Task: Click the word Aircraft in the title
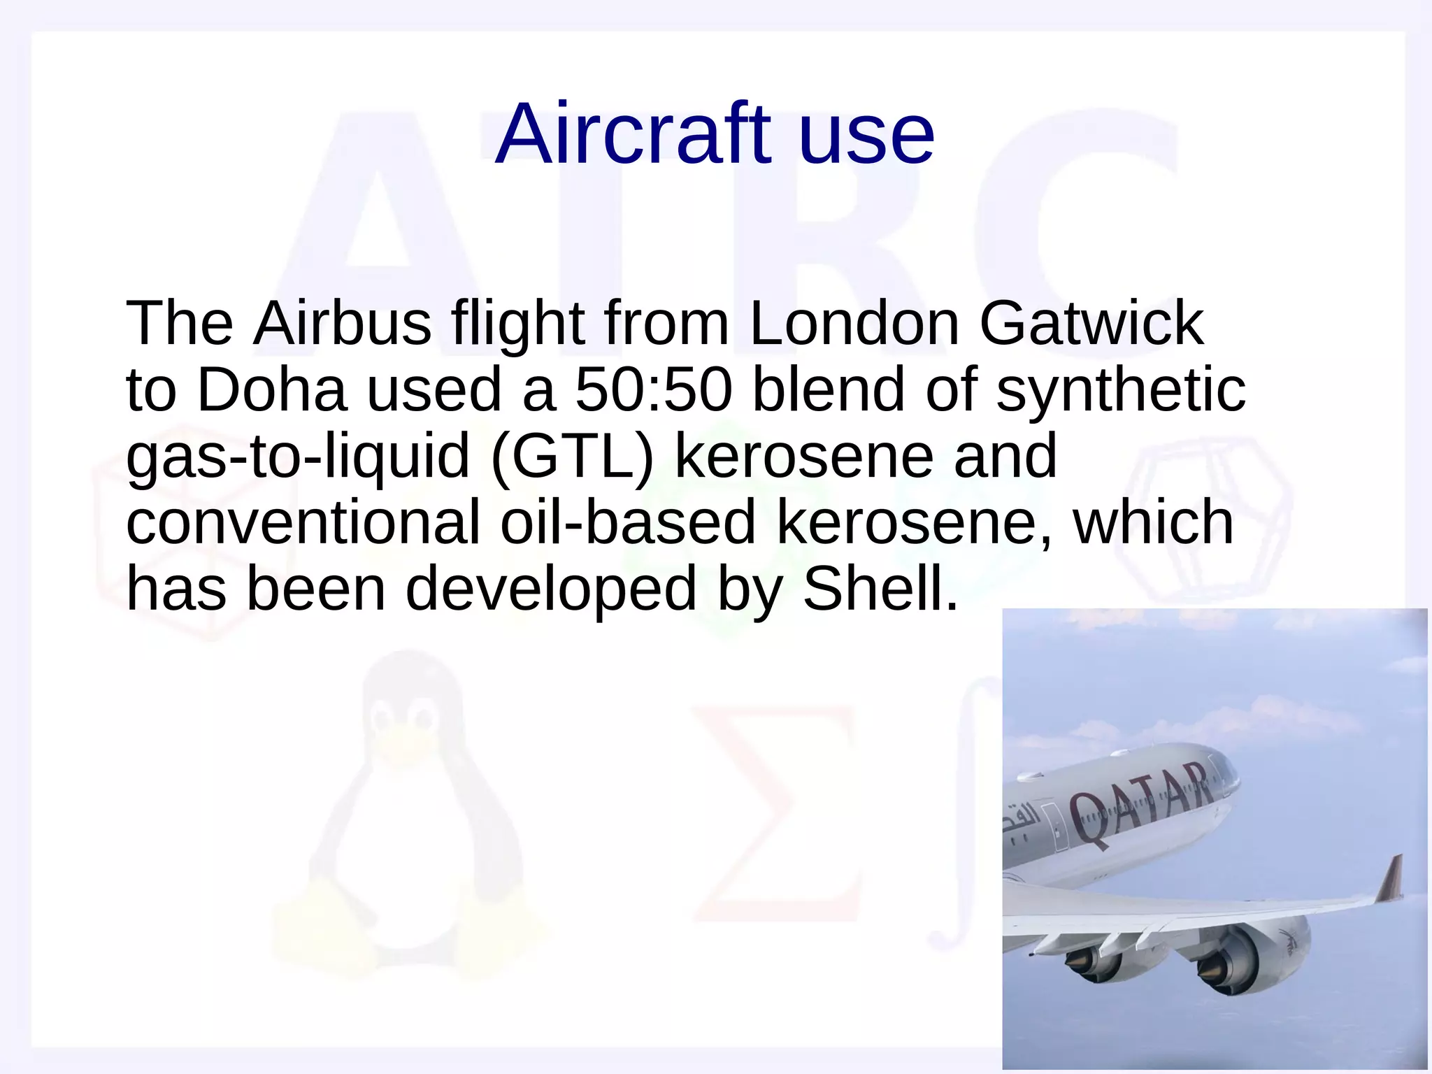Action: [633, 134]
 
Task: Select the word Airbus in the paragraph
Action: [343, 323]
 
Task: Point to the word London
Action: [854, 323]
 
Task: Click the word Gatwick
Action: [1091, 323]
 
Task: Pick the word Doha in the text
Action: [271, 389]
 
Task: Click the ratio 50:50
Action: [653, 389]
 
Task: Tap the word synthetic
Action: [1120, 389]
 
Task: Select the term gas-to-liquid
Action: [297, 457]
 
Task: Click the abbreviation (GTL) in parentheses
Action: [572, 457]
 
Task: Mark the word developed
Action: [551, 589]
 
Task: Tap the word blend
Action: [829, 389]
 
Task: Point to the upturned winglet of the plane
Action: [1390, 878]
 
